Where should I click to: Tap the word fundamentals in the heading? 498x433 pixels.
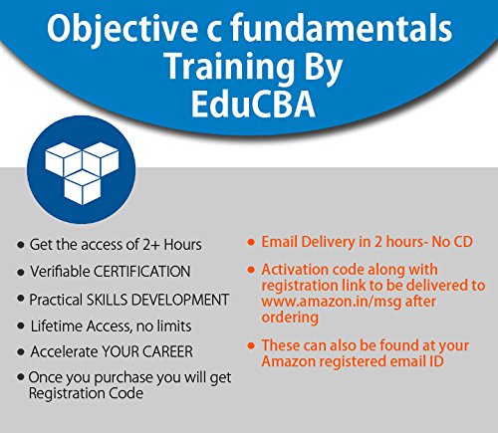(346, 31)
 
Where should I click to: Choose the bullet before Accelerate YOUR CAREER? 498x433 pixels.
(21, 353)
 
